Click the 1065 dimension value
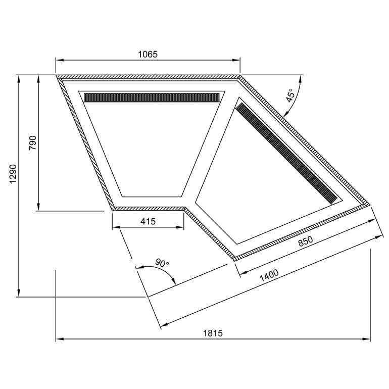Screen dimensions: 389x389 pyautogui.click(x=148, y=54)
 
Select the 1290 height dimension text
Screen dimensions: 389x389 pyautogui.click(x=13, y=174)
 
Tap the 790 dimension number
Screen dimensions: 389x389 pyautogui.click(x=32, y=142)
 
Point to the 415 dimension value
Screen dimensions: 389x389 pyautogui.click(x=148, y=221)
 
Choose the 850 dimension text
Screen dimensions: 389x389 pyautogui.click(x=306, y=241)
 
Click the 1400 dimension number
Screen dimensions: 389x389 pyautogui.click(x=269, y=276)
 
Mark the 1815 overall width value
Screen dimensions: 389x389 pyautogui.click(x=213, y=333)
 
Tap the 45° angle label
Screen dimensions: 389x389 pyautogui.click(x=290, y=95)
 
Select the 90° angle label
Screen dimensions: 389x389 pyautogui.click(x=162, y=263)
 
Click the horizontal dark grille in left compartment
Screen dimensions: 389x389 pyautogui.click(x=152, y=98)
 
